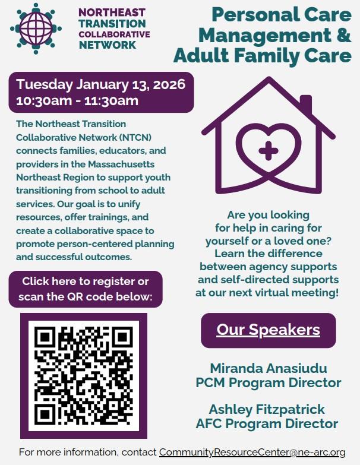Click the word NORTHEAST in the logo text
112,12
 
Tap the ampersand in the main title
343,34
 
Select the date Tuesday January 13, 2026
101,84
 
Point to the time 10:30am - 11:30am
78,100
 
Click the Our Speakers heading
268,330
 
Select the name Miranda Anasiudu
269,368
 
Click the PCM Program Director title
269,382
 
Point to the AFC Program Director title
267,423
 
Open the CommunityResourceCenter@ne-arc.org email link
252,453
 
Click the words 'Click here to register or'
86,281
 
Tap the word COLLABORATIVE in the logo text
114,34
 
